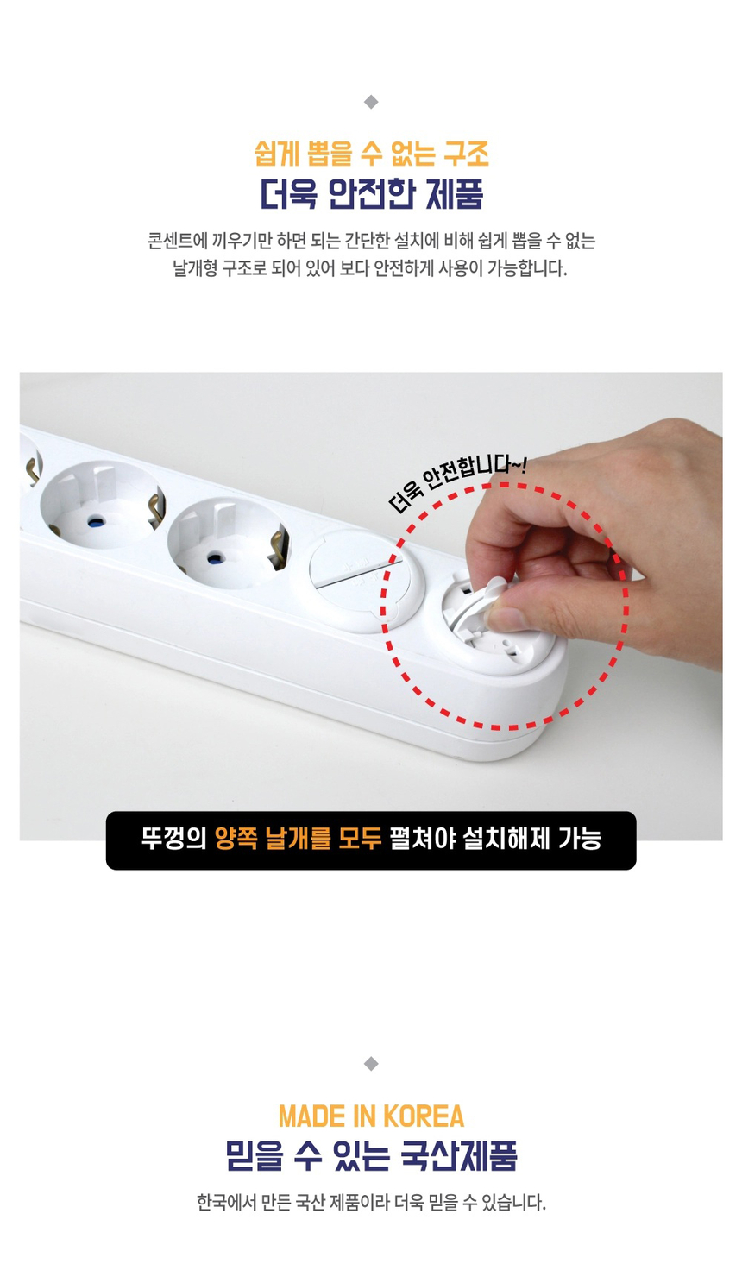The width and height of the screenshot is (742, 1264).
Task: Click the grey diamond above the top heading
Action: click(x=371, y=102)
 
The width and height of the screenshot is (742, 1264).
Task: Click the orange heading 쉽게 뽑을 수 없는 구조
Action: click(x=371, y=154)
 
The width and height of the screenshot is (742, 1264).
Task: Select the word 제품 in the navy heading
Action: click(x=455, y=194)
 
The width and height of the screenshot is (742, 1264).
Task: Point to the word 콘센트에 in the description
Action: click(x=177, y=241)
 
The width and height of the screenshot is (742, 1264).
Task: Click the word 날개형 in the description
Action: click(x=194, y=268)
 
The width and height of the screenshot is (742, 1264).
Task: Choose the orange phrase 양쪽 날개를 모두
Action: click(x=298, y=839)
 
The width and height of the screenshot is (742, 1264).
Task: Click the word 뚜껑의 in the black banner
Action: click(x=173, y=839)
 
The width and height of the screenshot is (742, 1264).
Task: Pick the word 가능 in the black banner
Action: click(x=579, y=839)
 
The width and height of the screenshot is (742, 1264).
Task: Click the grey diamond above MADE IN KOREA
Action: click(x=371, y=1063)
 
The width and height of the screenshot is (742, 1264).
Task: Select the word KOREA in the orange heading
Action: click(x=424, y=1116)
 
